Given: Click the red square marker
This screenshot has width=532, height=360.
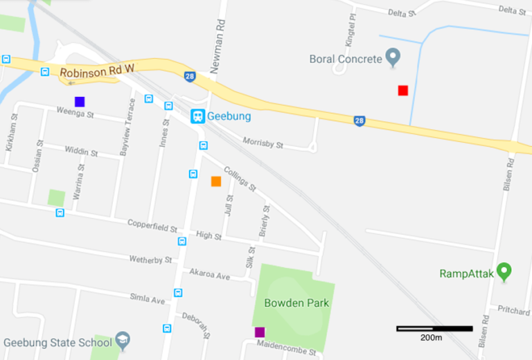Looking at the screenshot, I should coord(402,90).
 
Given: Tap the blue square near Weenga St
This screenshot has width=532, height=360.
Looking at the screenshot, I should coord(80,102).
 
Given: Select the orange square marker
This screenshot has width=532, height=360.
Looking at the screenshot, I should coord(216,181).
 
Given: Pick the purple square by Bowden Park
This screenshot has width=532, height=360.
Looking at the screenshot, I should coord(260,332).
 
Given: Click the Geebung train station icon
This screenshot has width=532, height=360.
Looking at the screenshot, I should coord(198,116).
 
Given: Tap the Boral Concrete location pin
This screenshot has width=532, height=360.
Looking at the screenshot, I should coord(393,57).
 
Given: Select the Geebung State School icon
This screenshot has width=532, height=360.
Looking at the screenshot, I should coord(123,341).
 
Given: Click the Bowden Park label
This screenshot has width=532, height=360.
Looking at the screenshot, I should coord(296,303).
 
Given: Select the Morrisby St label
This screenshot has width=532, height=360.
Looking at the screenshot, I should coord(263,143).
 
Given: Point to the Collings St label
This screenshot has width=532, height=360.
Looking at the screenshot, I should coord(240,178).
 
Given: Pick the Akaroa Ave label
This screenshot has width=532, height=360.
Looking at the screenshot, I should coord(209,276).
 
